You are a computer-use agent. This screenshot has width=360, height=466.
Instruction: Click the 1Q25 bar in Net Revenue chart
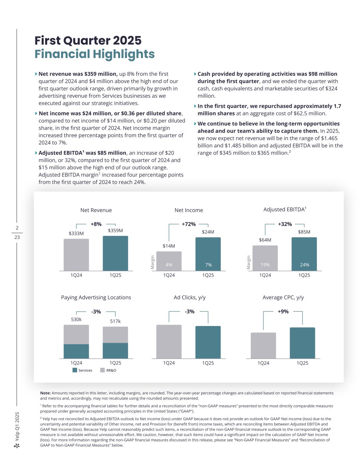(x=115, y=253)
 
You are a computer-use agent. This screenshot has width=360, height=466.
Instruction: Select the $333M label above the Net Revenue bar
(x=76, y=234)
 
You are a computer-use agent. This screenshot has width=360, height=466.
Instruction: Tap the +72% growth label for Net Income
(x=188, y=224)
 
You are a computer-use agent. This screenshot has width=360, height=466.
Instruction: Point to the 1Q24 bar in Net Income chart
(x=169, y=261)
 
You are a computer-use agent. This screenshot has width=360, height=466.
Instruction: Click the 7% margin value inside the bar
(x=208, y=265)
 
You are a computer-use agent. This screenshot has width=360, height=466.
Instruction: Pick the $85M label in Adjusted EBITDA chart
(x=304, y=232)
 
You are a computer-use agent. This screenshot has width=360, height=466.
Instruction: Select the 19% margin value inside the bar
(x=265, y=265)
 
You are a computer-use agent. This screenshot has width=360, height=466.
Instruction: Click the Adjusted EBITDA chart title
(x=285, y=210)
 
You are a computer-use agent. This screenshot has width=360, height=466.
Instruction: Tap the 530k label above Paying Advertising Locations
(x=76, y=320)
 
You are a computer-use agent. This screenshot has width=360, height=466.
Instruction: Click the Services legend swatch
(x=75, y=370)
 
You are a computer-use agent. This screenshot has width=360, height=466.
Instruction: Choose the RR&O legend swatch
(x=102, y=370)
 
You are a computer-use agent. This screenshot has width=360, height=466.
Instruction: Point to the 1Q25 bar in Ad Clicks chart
(x=208, y=342)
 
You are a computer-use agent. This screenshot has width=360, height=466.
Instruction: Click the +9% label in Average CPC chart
(x=283, y=311)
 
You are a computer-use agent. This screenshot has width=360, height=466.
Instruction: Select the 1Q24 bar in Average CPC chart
(x=263, y=345)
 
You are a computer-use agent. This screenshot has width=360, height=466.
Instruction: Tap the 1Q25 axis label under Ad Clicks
(x=208, y=363)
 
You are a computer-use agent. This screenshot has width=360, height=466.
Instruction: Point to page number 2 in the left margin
(x=17, y=228)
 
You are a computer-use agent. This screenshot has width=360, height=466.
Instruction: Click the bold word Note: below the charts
(x=45, y=393)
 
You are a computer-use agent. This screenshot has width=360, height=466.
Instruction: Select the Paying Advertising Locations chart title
(x=96, y=297)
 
